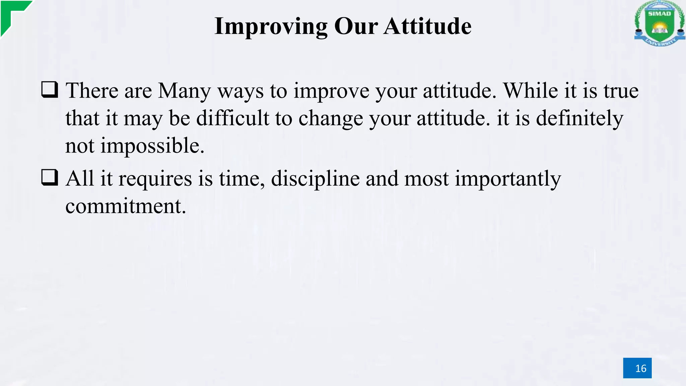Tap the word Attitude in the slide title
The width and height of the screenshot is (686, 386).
[427, 26]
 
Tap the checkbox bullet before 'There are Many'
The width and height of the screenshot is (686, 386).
[50, 89]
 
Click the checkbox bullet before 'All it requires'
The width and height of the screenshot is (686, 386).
[50, 177]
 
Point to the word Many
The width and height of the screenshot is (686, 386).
[184, 91]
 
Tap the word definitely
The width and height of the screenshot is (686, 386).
[579, 119]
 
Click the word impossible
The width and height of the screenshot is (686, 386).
[152, 146]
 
